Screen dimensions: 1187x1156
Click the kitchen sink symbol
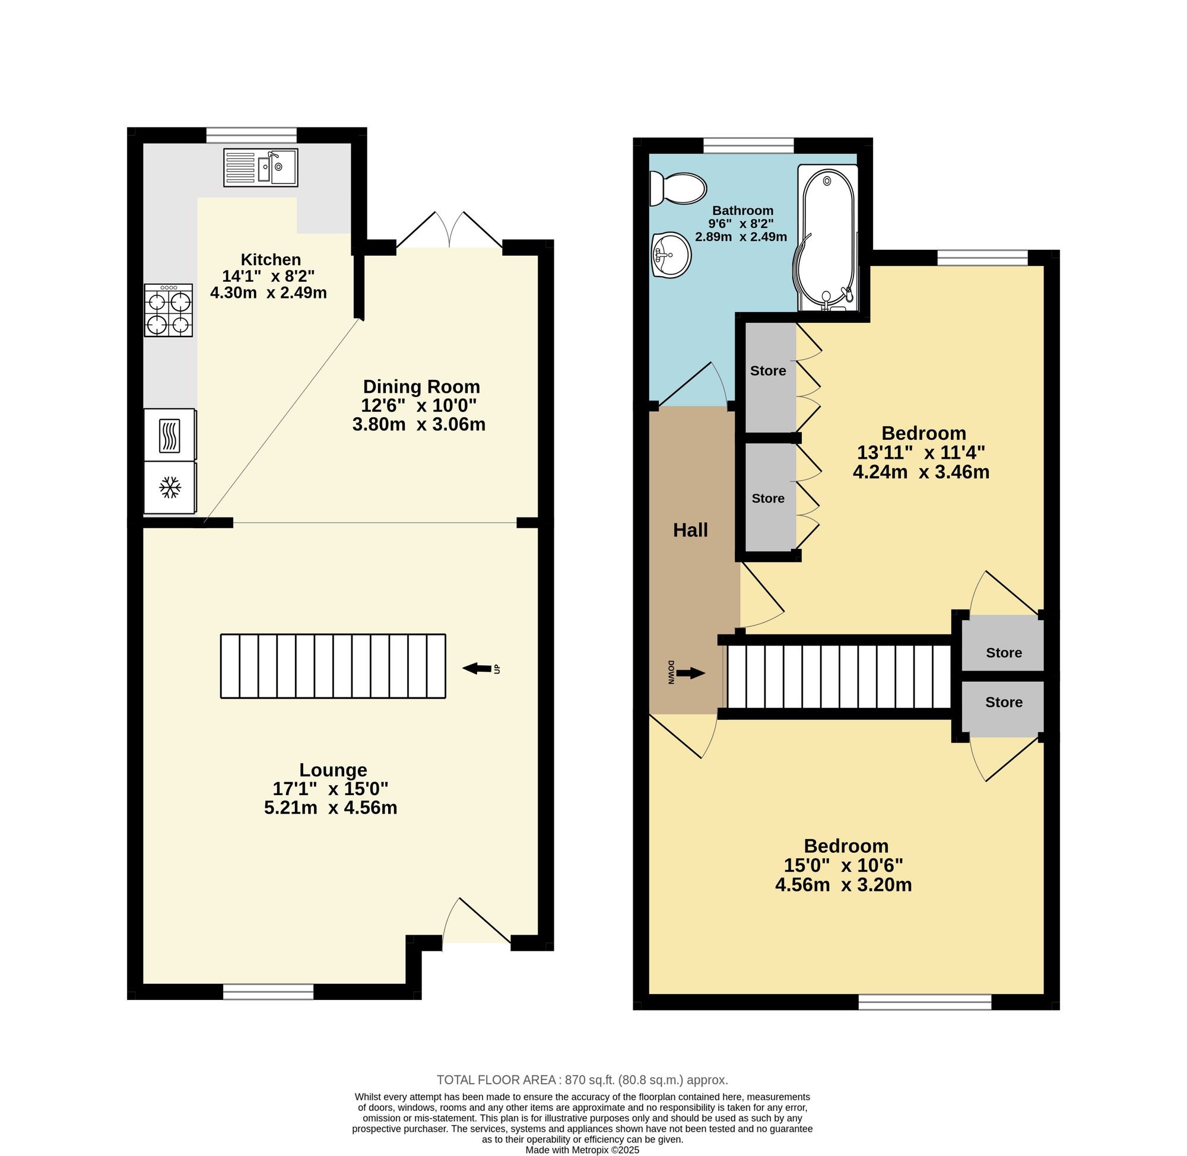(x=261, y=167)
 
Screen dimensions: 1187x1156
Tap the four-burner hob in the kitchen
(x=168, y=310)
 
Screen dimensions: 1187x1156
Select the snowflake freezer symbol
(x=170, y=488)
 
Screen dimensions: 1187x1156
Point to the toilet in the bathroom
(x=678, y=188)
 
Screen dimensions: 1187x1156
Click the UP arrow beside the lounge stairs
(x=478, y=668)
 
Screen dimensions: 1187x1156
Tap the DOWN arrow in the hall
(x=690, y=673)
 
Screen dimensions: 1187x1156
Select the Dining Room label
(x=421, y=387)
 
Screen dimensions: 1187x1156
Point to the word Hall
(x=690, y=531)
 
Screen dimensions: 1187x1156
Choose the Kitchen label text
(x=271, y=259)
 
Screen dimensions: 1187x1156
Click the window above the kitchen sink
(x=252, y=135)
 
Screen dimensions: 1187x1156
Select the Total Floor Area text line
(x=582, y=1080)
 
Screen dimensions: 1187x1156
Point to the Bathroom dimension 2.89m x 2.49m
(x=741, y=237)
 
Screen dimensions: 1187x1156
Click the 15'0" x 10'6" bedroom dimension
(x=843, y=865)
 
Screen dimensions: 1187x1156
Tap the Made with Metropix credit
(x=582, y=1150)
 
